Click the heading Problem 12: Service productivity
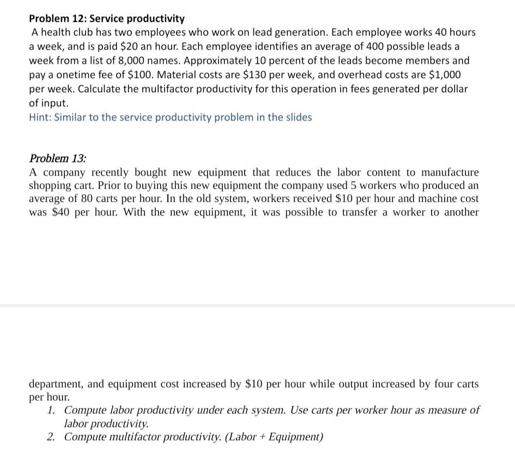point(107,19)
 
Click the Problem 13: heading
point(57,159)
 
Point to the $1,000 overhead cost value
point(444,74)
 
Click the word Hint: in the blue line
point(40,117)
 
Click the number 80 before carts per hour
point(87,199)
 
